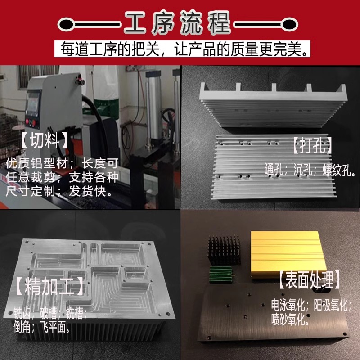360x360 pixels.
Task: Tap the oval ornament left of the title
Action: (x=67, y=22)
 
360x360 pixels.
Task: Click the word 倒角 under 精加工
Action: (x=24, y=326)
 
